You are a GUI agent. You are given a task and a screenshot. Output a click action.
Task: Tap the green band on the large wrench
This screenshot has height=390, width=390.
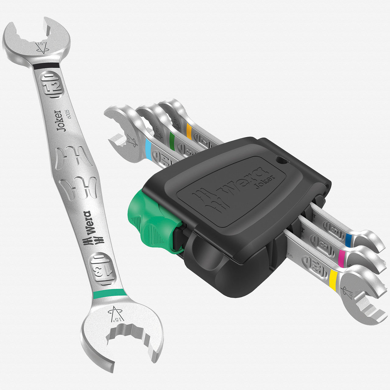(x=110, y=293)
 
